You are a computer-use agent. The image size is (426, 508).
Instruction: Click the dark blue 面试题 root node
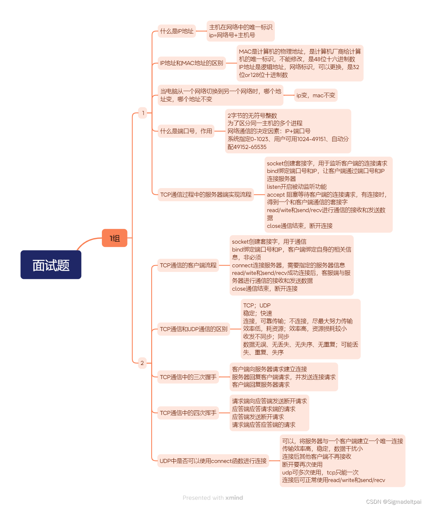click(51, 265)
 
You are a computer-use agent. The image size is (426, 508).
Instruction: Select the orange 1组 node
click(114, 238)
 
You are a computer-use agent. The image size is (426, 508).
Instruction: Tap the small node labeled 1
click(143, 113)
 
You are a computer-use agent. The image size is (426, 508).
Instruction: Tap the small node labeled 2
click(142, 363)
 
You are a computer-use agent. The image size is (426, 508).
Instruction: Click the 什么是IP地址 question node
click(177, 31)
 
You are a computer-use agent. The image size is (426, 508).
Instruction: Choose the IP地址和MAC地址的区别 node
click(192, 63)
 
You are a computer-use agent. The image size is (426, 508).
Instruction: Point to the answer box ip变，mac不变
click(316, 95)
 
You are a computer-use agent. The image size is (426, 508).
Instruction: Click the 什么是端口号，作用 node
click(186, 131)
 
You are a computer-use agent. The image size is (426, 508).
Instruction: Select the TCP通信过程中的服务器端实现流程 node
click(206, 194)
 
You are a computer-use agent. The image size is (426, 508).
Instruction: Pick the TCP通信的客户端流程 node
click(188, 265)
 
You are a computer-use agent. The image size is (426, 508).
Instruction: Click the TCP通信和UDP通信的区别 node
click(194, 329)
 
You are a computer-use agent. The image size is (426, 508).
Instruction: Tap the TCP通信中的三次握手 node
click(188, 377)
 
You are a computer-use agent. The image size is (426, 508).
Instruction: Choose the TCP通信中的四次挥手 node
click(188, 413)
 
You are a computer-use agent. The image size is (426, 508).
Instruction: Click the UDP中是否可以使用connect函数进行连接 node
click(213, 461)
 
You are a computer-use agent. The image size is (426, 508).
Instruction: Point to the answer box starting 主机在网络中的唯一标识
click(241, 31)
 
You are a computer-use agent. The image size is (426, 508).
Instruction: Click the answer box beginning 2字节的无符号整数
click(288, 131)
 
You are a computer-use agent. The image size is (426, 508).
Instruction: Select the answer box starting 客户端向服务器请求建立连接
click(284, 377)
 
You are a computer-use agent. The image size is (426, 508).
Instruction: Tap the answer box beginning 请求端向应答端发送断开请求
click(269, 413)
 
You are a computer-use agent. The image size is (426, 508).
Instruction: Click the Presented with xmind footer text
click(213, 497)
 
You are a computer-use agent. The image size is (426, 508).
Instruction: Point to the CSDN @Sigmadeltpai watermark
click(393, 501)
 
